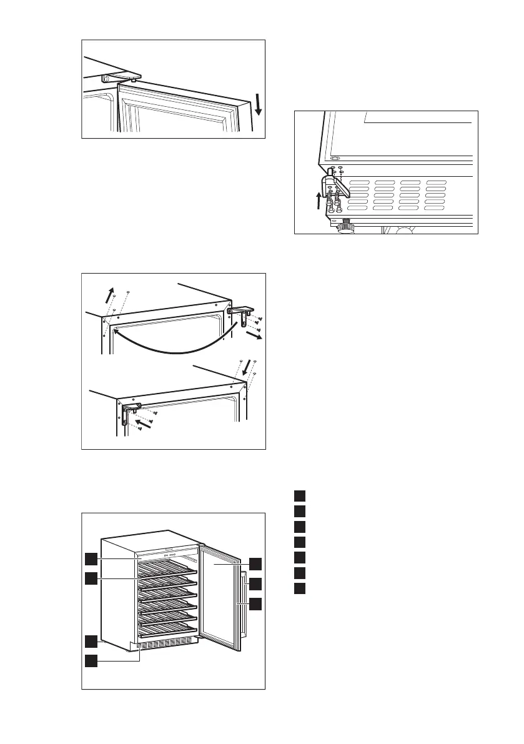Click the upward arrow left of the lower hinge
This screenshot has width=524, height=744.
coord(319,202)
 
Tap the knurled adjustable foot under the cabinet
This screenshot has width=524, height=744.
coord(344,228)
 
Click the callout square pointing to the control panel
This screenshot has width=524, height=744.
coord(91,557)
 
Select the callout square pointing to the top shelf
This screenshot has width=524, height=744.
coord(91,578)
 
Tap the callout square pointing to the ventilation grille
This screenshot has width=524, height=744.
coord(91,660)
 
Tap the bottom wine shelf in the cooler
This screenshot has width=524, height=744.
coord(166,628)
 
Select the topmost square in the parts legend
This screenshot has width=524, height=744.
coord(300,496)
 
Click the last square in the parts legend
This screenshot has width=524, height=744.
coord(300,588)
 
